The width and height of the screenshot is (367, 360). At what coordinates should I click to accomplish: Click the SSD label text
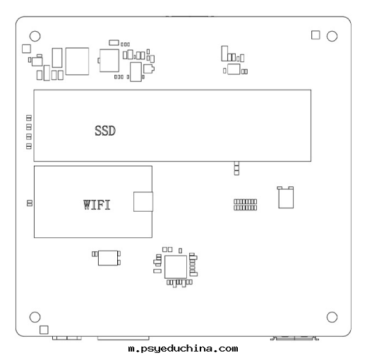coord(105,131)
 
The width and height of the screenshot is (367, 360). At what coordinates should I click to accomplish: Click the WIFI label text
coord(97,205)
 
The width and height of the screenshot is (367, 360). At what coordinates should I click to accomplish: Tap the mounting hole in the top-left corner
coord(35,36)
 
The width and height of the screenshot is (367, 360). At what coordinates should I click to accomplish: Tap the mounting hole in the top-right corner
coord(332,36)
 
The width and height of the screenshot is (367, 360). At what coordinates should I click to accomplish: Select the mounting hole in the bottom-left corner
coord(35,317)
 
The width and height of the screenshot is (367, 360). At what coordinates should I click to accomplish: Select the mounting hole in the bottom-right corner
coord(332,317)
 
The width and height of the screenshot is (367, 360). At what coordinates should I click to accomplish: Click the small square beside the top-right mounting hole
coord(315,35)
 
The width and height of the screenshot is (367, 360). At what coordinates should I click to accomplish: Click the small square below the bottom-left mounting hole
coord(44,330)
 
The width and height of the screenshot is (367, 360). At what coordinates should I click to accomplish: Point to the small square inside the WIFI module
coord(143,202)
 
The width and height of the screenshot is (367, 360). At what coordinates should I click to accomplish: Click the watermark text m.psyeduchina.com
coord(183,349)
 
